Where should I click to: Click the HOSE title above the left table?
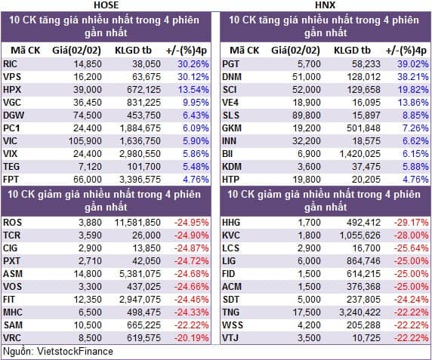click(x=106, y=5)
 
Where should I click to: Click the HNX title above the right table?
click(x=326, y=5)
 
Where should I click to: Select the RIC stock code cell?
click(x=10, y=64)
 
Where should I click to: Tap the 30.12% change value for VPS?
click(x=193, y=77)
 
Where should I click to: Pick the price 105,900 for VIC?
click(x=85, y=141)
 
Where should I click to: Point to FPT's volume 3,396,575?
click(x=140, y=180)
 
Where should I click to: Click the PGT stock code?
click(x=231, y=64)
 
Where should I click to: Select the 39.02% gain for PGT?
click(x=412, y=64)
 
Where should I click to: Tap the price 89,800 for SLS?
click(x=307, y=115)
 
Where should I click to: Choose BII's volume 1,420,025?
click(x=359, y=154)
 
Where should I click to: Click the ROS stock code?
click(x=12, y=223)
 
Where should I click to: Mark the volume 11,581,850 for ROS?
click(x=137, y=223)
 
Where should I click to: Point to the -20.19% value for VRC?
click(x=192, y=337)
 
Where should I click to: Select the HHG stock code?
click(x=231, y=223)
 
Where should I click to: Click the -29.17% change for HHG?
click(x=412, y=223)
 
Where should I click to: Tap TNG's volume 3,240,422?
click(x=359, y=312)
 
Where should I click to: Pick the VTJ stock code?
click(x=230, y=337)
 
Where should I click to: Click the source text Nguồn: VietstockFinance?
click(x=58, y=352)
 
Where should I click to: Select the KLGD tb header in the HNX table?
click(x=353, y=51)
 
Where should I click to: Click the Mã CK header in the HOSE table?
click(x=26, y=51)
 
